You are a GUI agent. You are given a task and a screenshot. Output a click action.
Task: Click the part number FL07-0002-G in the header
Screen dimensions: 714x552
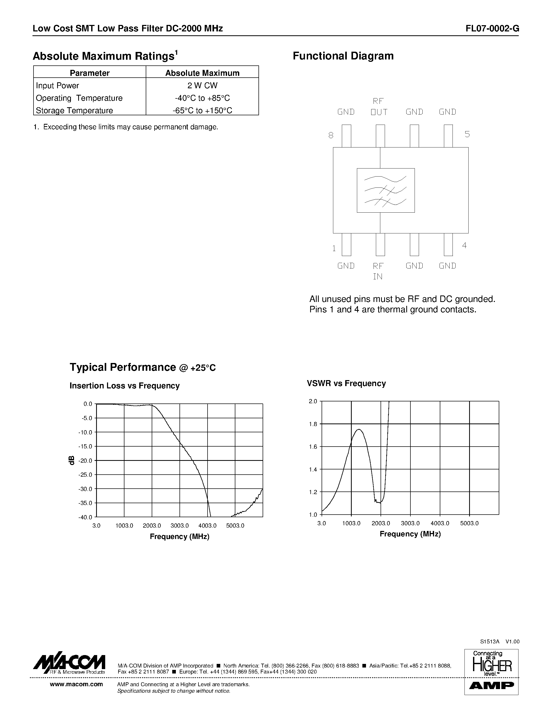click(492, 29)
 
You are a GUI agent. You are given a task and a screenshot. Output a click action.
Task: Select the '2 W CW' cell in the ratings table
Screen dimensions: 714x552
click(202, 86)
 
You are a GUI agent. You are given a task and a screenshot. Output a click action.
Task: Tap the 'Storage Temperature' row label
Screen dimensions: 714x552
click(74, 111)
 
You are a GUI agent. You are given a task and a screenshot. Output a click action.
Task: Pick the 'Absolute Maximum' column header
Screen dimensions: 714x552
click(202, 73)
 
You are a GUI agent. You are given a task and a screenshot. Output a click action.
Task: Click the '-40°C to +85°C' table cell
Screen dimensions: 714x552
click(202, 98)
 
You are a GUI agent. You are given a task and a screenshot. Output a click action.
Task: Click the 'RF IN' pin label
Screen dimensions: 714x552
click(378, 271)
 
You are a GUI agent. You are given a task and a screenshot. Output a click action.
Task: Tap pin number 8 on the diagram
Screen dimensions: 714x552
click(331, 135)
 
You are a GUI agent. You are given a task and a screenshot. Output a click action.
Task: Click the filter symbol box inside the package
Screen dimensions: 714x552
click(385, 190)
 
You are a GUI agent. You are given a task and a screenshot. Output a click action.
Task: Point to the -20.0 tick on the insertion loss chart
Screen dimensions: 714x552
click(85, 461)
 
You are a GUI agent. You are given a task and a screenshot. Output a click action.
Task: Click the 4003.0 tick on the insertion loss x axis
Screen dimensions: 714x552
click(207, 526)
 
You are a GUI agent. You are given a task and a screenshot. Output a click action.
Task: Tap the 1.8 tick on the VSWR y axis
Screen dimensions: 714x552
click(313, 424)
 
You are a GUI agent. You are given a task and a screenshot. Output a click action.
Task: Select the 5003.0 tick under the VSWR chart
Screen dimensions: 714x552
click(469, 523)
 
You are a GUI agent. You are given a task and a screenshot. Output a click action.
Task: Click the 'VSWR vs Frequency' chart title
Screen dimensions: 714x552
click(346, 383)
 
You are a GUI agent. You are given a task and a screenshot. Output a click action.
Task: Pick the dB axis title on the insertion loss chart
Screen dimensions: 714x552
click(72, 460)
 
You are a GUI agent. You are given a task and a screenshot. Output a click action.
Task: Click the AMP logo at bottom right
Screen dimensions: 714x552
click(491, 685)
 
